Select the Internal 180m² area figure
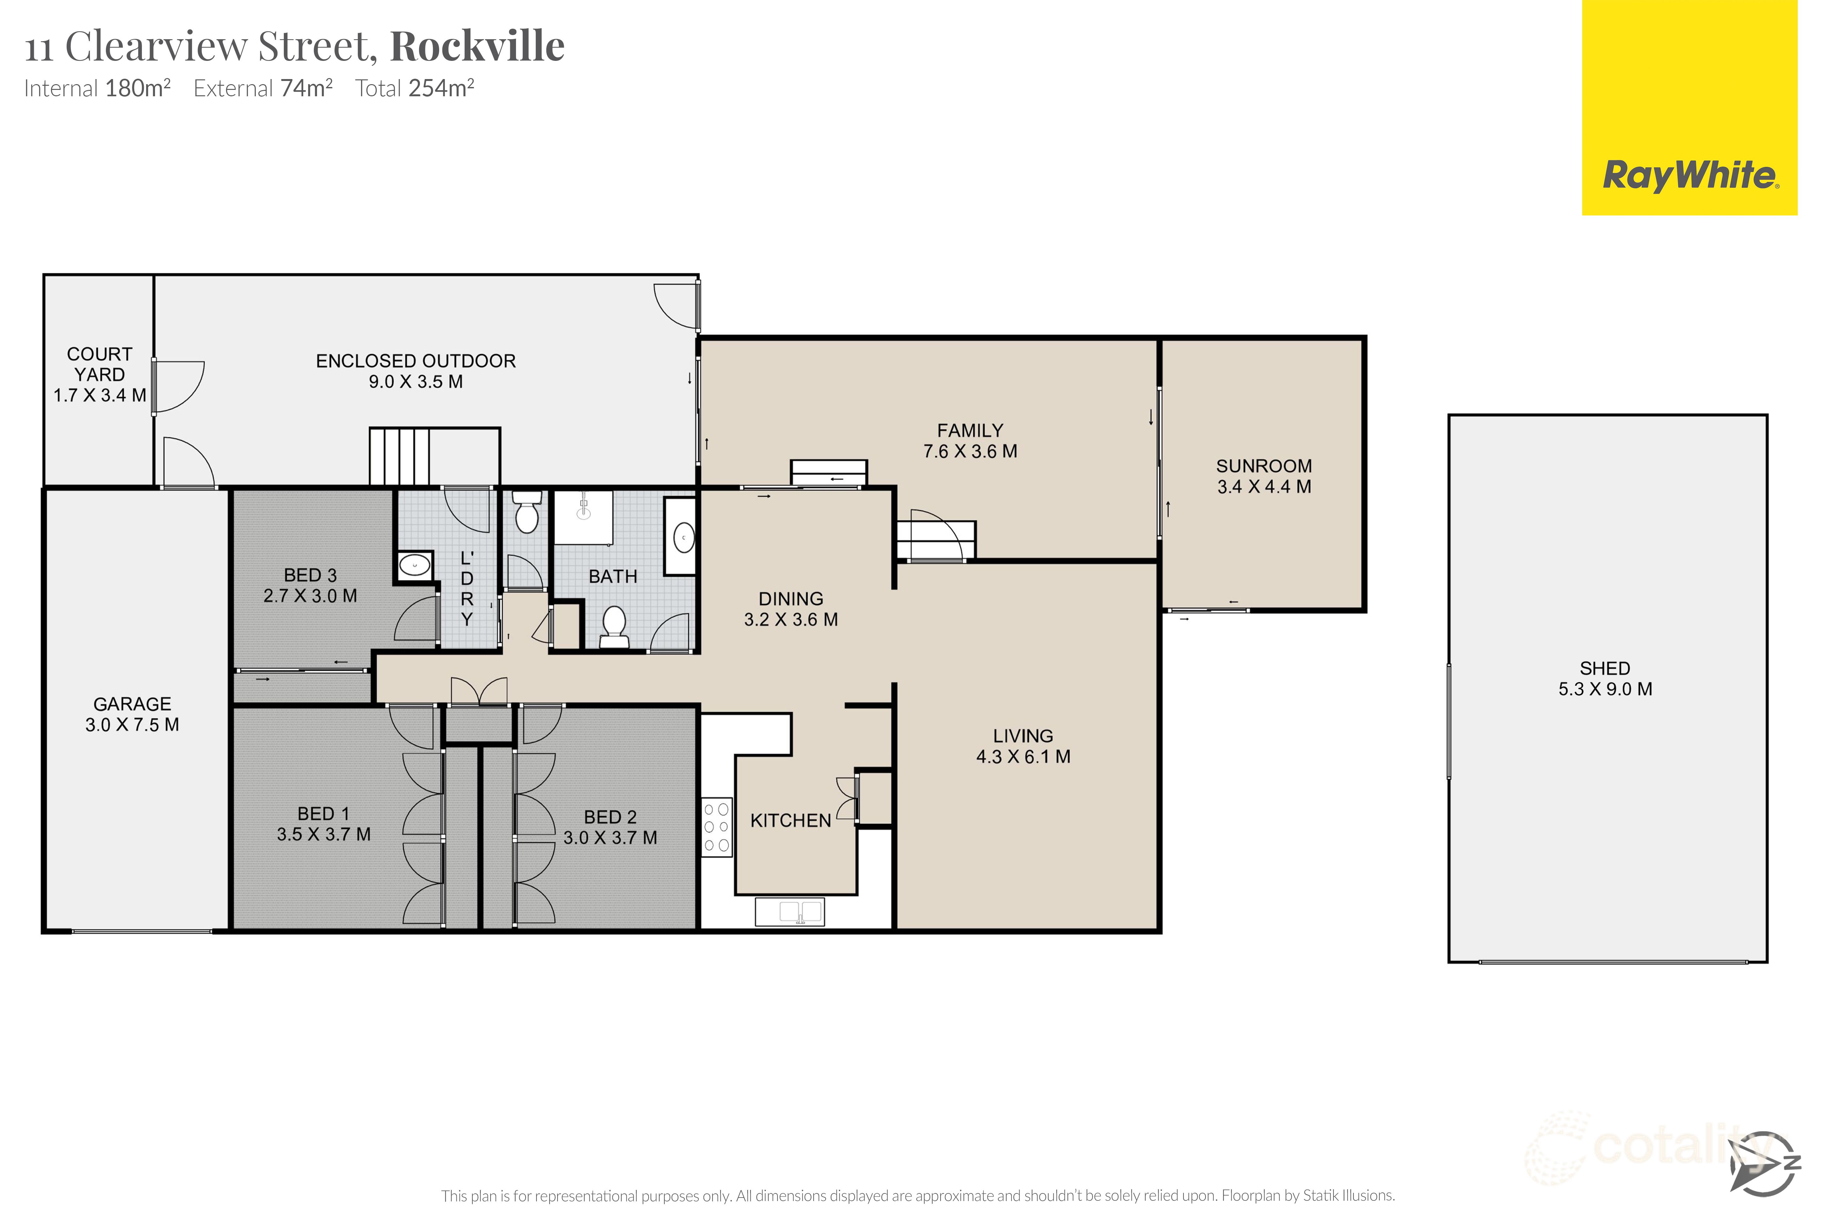(x=98, y=88)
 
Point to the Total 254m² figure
(x=415, y=88)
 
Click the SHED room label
(x=1605, y=668)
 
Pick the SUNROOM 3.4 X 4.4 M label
(x=1264, y=476)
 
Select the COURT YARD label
(x=99, y=365)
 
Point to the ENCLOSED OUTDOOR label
(x=416, y=361)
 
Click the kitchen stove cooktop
(x=716, y=827)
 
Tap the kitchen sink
(x=790, y=912)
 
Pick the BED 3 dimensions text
(x=310, y=596)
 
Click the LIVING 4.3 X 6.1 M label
(x=1023, y=746)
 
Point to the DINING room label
(x=790, y=599)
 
